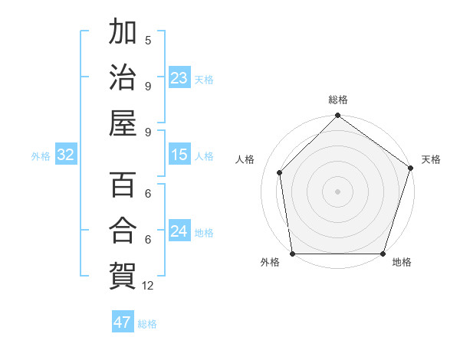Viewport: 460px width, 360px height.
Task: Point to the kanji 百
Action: [x=123, y=185]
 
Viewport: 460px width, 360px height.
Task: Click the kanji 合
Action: [x=123, y=230]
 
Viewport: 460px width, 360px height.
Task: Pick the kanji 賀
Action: [x=123, y=275]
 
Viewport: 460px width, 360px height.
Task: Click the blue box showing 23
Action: [x=179, y=78]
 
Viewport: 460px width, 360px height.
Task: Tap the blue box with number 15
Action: [x=179, y=155]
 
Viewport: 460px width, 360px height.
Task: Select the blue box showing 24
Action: [x=179, y=231]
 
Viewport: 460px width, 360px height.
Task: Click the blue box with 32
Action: [x=65, y=155]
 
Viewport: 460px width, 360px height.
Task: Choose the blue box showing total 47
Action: [x=123, y=322]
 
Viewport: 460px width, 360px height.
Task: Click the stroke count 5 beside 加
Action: [x=148, y=40]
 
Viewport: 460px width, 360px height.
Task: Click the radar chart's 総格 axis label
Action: [x=338, y=100]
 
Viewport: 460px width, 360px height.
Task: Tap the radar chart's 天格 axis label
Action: [x=431, y=159]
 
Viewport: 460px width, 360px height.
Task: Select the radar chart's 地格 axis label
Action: [x=402, y=263]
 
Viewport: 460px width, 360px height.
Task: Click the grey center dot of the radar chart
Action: [x=337, y=191]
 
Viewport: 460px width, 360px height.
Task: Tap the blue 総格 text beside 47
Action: [x=147, y=324]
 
